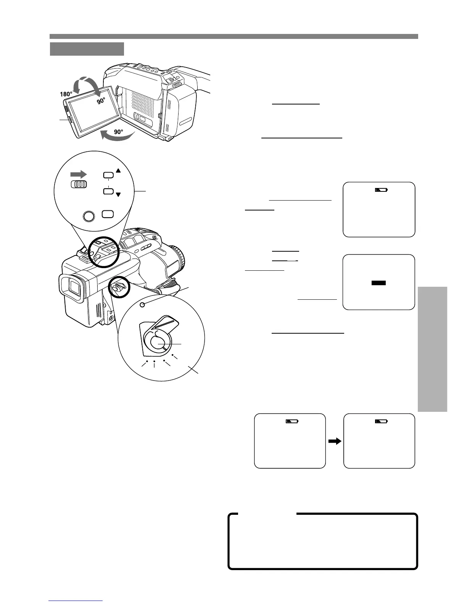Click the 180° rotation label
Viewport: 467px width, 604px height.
point(66,94)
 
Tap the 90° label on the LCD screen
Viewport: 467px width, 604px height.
point(101,101)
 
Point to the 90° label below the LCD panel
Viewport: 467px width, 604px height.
point(119,132)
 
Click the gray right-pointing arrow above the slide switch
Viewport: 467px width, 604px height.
point(79,174)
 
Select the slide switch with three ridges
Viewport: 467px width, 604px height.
point(79,184)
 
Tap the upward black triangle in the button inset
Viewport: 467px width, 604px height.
point(118,171)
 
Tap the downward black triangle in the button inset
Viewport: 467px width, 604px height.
point(118,195)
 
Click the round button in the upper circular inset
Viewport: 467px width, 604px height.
point(89,216)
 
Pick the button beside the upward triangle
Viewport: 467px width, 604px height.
point(108,175)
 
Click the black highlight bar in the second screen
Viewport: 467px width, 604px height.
point(378,283)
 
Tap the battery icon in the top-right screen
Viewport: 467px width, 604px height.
point(381,190)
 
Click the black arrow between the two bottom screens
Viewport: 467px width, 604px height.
point(334,441)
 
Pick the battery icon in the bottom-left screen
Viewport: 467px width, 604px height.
point(292,421)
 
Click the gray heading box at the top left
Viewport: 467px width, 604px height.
point(87,49)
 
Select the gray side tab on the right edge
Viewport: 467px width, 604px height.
point(432,349)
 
